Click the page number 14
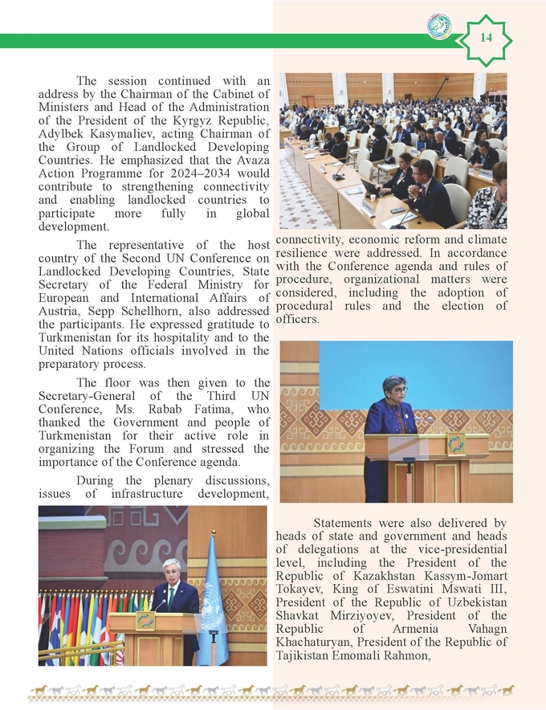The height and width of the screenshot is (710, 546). point(487,38)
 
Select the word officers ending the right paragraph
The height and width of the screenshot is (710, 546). point(298,320)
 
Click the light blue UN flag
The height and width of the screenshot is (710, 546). point(211,601)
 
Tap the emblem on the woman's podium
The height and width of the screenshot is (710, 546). point(454,445)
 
